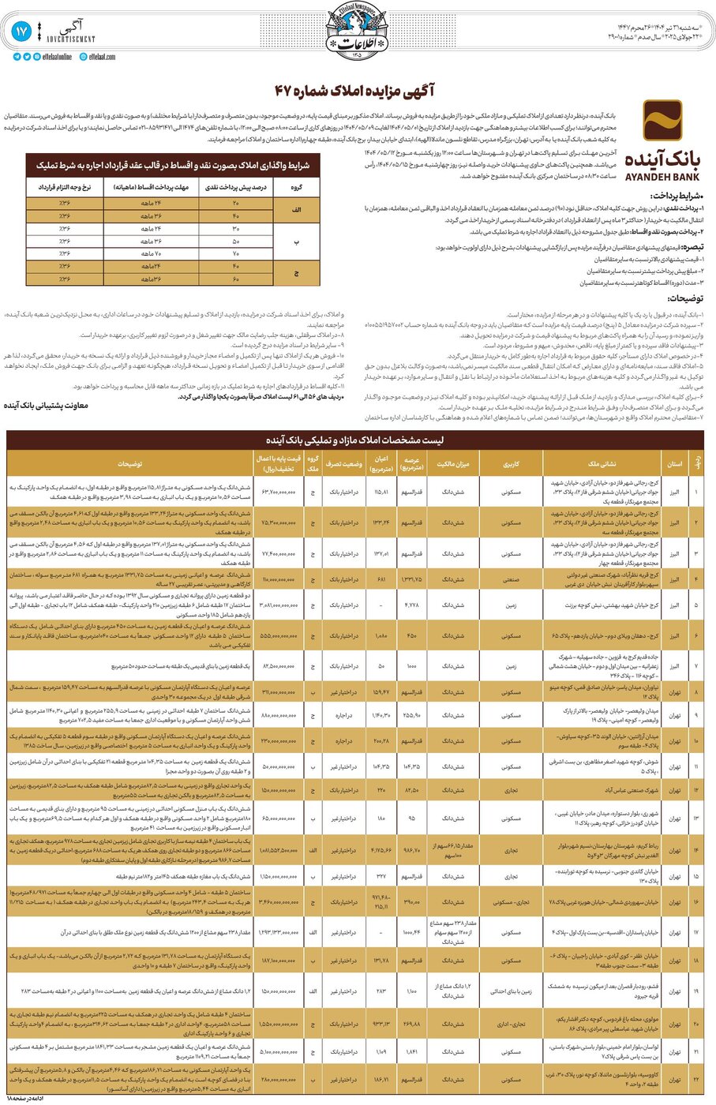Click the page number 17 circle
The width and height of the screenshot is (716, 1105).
[21, 32]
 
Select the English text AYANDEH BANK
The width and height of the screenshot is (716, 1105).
[662, 177]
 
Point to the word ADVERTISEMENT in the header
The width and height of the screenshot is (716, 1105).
[71, 39]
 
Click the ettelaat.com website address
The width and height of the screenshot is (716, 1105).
[102, 57]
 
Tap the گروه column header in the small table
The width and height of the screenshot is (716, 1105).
[297, 188]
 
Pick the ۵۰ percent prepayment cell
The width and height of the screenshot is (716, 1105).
[235, 241]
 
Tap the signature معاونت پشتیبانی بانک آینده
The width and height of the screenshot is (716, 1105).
[47, 406]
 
